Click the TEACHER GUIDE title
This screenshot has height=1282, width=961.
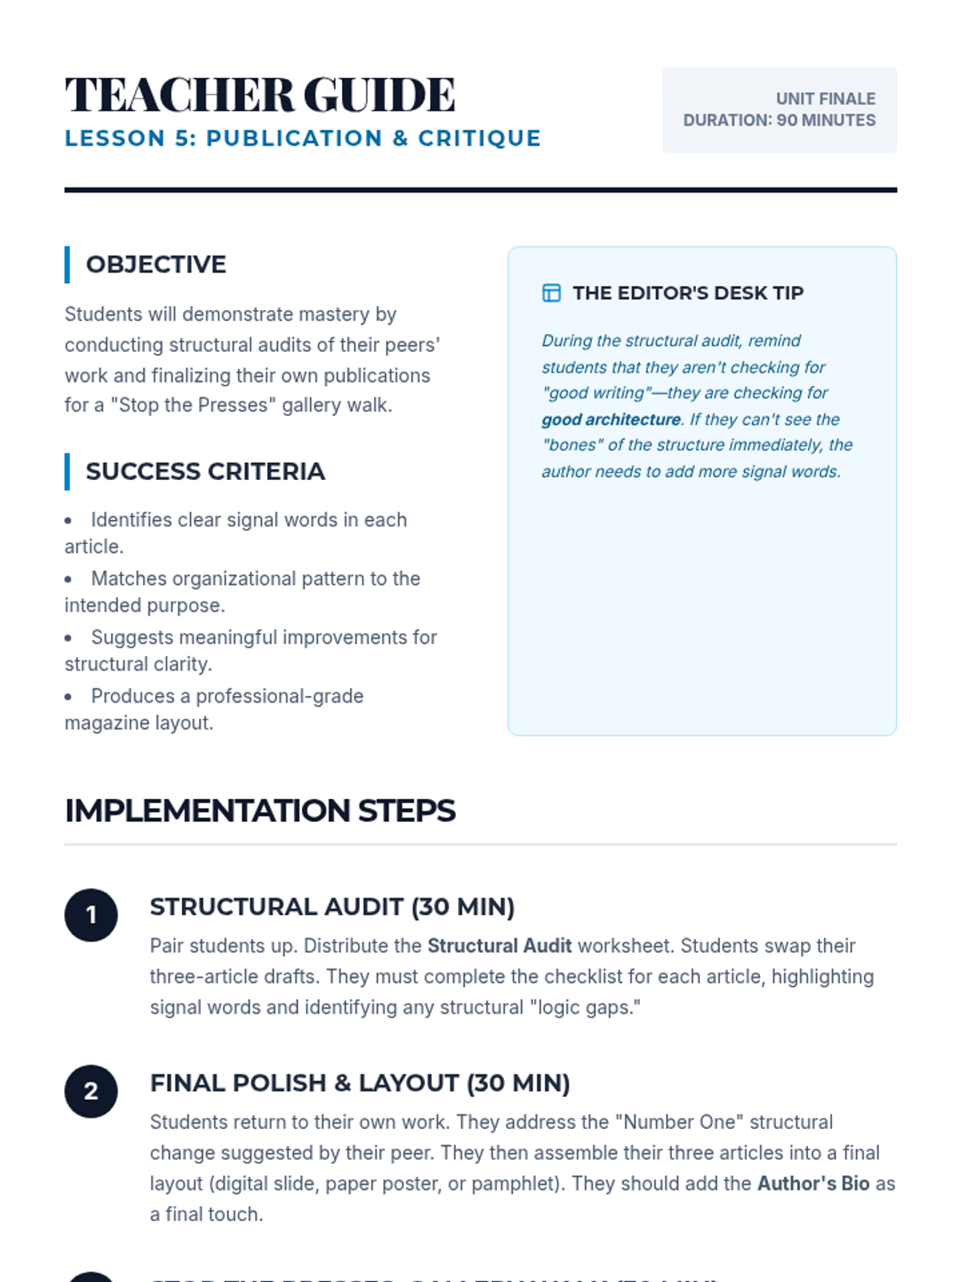coord(260,95)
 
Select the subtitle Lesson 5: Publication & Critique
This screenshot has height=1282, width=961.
coord(303,139)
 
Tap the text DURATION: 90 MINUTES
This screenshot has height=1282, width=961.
coord(779,120)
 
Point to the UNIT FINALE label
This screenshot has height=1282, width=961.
coord(826,99)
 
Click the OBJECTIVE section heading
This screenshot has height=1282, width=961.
coord(156,264)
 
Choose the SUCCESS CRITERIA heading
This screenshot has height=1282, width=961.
coord(205,471)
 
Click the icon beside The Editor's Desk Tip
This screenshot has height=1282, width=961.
coord(552,293)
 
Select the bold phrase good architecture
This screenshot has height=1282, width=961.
coord(611,419)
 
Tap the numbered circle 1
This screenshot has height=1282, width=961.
coord(91,915)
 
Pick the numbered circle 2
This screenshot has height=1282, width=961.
coord(91,1091)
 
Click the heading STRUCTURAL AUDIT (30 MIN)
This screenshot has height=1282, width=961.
coord(332,907)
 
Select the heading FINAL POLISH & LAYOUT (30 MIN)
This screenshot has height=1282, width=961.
coord(360,1083)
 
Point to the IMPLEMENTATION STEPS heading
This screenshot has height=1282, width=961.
coord(260,811)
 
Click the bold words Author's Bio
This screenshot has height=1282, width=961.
coord(814,1183)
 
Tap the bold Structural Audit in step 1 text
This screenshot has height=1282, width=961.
coord(500,946)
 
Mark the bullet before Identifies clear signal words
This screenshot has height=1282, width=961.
coord(69,521)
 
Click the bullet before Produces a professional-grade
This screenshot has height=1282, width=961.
coord(69,697)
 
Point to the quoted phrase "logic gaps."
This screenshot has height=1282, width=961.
coord(585,1007)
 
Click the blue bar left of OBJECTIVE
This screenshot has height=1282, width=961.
coord(67,264)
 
